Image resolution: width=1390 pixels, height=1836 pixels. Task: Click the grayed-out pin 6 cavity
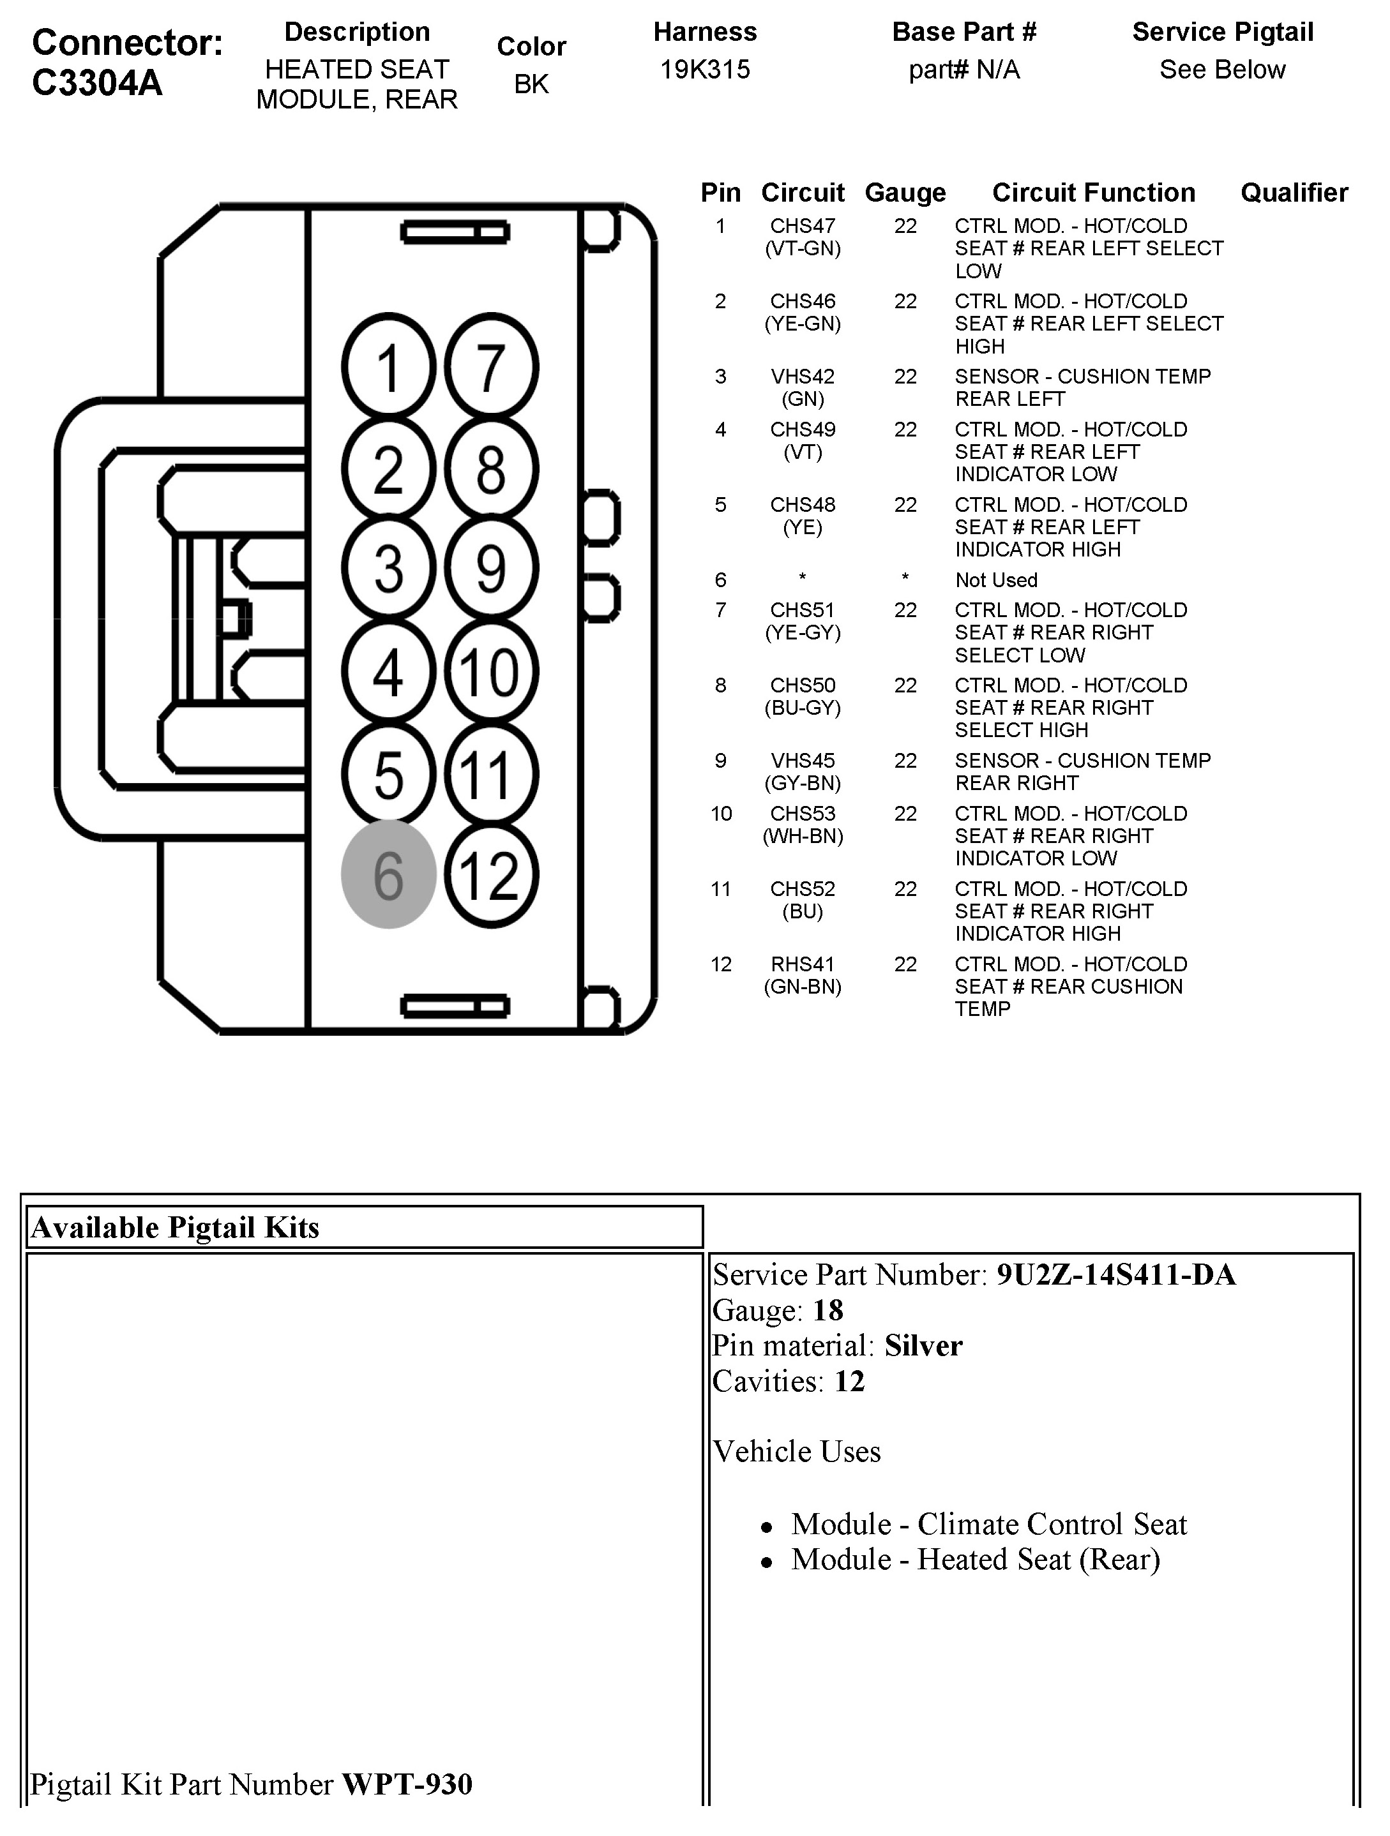point(389,874)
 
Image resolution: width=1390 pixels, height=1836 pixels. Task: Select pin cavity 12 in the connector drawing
point(491,874)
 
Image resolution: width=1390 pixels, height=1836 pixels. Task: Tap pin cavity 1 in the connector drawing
point(389,367)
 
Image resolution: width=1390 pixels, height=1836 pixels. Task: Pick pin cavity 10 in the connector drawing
point(491,671)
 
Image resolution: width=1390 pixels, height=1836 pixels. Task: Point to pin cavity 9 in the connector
point(491,569)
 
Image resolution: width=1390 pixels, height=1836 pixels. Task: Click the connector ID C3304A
point(97,83)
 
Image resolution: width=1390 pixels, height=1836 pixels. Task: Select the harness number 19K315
point(705,70)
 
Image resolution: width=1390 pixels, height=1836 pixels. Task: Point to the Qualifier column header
point(1294,193)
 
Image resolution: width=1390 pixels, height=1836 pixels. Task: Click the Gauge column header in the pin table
point(905,193)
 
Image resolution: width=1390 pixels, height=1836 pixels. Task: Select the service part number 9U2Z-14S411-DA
point(1116,1274)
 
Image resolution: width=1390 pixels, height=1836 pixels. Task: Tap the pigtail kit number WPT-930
point(407,1784)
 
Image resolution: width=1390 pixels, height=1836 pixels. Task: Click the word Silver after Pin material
point(923,1345)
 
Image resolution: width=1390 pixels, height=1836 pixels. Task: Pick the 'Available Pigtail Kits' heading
point(175,1228)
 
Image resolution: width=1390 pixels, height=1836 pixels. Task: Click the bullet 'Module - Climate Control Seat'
point(989,1524)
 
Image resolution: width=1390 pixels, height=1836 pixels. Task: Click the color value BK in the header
point(531,84)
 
